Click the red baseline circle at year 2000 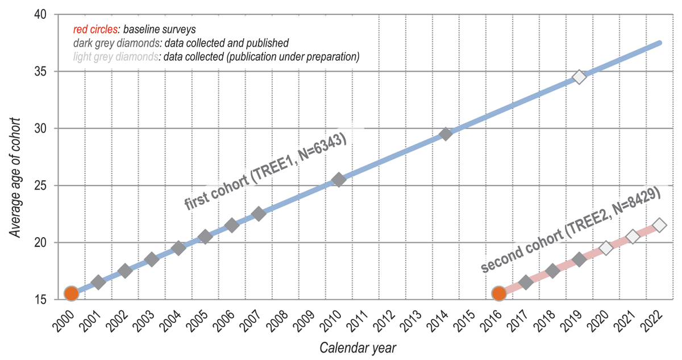pyautogui.click(x=71, y=293)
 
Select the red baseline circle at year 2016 pyautogui.click(x=499, y=293)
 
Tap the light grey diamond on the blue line pyautogui.click(x=579, y=77)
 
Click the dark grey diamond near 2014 pyautogui.click(x=446, y=134)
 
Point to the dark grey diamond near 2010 pyautogui.click(x=339, y=180)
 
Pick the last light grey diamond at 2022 pyautogui.click(x=659, y=225)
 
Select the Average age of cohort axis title pyautogui.click(x=16, y=177)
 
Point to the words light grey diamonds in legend pyautogui.click(x=117, y=56)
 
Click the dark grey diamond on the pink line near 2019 pyautogui.click(x=579, y=259)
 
